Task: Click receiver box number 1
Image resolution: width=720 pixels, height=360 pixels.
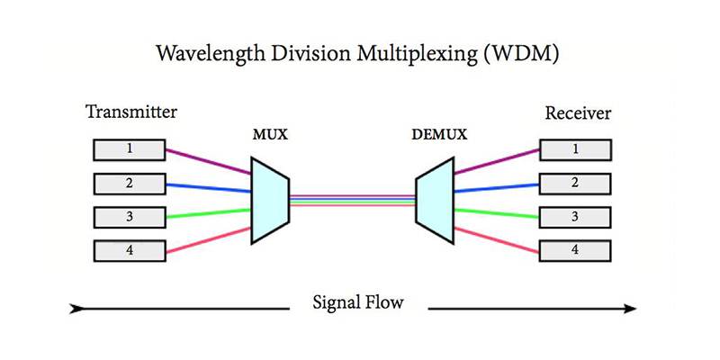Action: (575, 149)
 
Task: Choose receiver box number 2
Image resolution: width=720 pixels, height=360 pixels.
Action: (575, 184)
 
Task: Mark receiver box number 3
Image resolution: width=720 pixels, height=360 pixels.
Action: (575, 217)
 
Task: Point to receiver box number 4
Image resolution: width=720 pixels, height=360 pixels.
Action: (575, 250)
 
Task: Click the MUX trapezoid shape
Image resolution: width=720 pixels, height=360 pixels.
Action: (269, 200)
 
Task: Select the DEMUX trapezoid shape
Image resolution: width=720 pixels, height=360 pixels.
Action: (433, 200)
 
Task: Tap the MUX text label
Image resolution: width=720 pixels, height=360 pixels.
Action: (270, 136)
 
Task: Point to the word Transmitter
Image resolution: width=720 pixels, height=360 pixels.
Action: (131, 112)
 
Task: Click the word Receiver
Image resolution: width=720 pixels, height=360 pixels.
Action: (578, 113)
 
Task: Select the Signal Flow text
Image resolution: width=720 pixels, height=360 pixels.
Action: (357, 302)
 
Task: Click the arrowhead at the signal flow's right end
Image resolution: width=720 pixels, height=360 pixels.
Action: (629, 309)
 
